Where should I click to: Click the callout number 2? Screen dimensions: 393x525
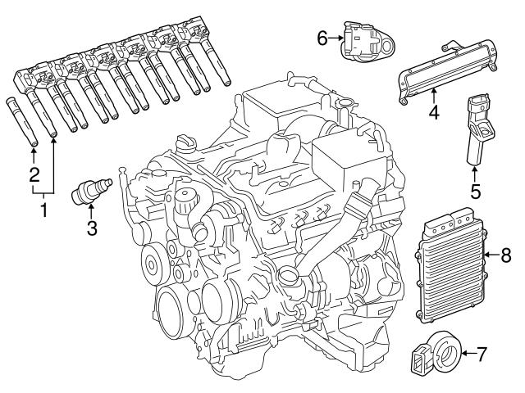click(x=34, y=174)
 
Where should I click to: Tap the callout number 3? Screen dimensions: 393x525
click(x=92, y=230)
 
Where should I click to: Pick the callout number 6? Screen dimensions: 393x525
click(x=323, y=38)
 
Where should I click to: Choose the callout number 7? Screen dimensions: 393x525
click(x=482, y=355)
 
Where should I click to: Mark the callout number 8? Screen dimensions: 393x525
click(x=505, y=255)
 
